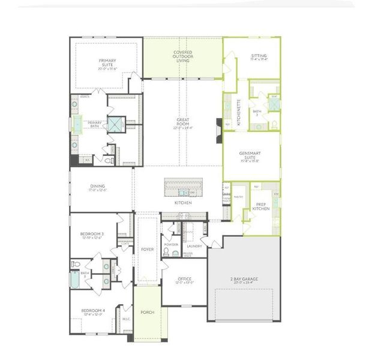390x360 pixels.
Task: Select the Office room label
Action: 184,278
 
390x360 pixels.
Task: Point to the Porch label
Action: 147,312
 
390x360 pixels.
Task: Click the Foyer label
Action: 147,249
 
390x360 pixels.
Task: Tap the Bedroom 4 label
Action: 93,312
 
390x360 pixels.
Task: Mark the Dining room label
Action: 98,188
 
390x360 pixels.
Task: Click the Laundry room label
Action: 194,246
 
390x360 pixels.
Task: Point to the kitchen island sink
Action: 183,193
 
